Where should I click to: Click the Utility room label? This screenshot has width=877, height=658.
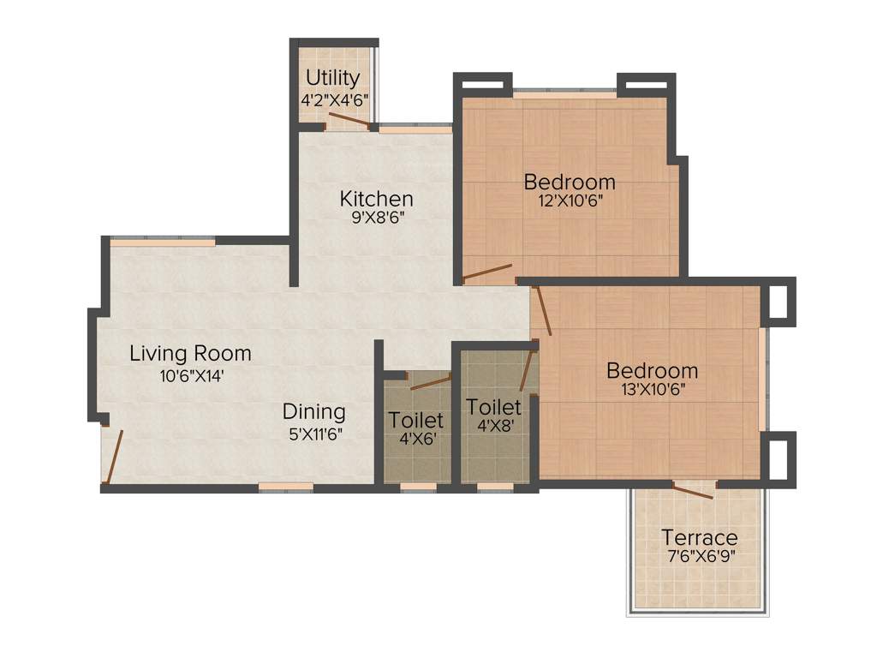[333, 79]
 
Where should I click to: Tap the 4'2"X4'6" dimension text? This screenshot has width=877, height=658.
[334, 99]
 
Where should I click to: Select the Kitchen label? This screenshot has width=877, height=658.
[376, 199]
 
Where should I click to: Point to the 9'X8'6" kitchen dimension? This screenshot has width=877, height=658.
[376, 218]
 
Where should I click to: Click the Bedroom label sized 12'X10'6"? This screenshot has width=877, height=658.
[570, 182]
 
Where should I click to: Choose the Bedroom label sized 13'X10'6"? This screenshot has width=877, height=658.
[652, 371]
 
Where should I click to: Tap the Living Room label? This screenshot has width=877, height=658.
[190, 353]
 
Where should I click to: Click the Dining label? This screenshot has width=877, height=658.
[314, 412]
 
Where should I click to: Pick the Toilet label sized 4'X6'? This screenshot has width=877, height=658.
[416, 420]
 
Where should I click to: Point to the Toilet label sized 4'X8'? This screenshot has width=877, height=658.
[492, 406]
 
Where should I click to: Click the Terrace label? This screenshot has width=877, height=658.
[699, 538]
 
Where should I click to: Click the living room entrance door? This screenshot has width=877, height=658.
[114, 457]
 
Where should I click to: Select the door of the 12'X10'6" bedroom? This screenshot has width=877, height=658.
[487, 273]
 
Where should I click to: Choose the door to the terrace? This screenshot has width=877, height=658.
[693, 491]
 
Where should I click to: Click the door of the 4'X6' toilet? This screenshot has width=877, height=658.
[430, 382]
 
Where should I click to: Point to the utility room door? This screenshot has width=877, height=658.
[350, 125]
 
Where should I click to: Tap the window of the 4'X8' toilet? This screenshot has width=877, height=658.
[495, 487]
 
